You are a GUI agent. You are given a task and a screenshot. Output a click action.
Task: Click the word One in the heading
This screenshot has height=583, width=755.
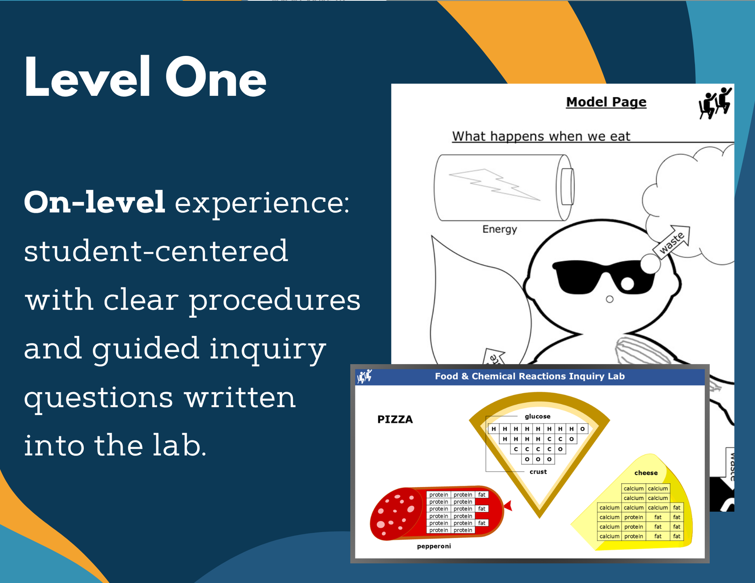click(x=216, y=77)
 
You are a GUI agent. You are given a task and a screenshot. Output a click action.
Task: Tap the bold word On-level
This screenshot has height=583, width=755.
click(x=95, y=202)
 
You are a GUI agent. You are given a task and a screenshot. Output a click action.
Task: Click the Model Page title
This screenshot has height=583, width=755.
click(x=606, y=102)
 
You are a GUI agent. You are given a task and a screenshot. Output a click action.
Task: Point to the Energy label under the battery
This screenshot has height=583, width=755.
click(x=500, y=229)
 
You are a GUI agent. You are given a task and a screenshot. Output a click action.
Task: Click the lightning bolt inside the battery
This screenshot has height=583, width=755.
click(x=494, y=185)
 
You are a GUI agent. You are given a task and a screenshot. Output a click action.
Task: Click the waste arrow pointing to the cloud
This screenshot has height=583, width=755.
click(x=672, y=242)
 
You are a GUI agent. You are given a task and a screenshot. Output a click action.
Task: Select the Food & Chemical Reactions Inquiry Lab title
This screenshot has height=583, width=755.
click(x=530, y=376)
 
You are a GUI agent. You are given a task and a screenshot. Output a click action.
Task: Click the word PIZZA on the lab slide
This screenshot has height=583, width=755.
click(x=395, y=419)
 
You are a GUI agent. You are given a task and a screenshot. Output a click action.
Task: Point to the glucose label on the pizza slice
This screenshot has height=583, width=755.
click(x=537, y=417)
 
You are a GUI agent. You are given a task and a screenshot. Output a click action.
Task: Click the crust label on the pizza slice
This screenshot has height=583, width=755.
click(x=538, y=472)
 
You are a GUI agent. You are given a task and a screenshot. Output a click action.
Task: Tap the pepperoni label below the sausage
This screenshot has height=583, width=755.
click(x=434, y=547)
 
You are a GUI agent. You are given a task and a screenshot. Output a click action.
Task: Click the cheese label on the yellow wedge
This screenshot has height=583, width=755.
click(x=646, y=473)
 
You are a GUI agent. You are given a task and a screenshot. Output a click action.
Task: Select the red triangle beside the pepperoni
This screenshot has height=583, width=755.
click(x=508, y=505)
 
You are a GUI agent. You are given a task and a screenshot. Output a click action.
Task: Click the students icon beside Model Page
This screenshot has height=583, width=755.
click(x=715, y=103)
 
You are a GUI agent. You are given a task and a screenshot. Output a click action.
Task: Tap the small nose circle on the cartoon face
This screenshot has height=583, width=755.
click(x=610, y=299)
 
